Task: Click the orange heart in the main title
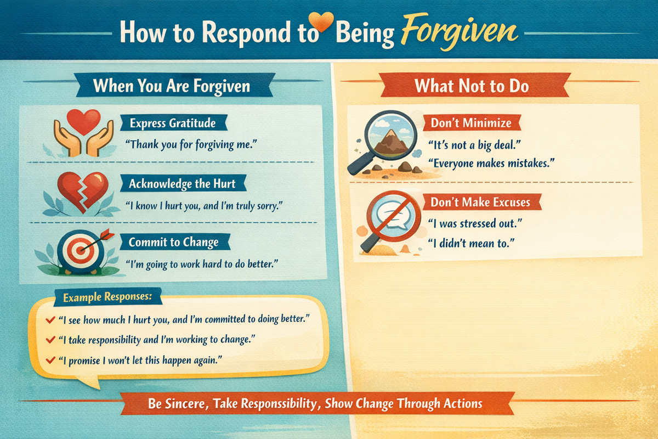321,21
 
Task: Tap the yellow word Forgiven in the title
459,32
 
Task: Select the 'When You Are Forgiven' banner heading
172,86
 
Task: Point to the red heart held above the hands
83,121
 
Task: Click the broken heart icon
83,191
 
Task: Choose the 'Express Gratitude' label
173,123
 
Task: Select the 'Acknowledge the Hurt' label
182,183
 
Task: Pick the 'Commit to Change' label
173,243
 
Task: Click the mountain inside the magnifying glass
390,142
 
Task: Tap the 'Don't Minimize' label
471,123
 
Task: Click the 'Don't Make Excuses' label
480,202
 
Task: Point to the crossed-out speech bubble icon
394,216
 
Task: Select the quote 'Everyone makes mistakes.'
491,163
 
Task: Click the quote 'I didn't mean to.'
471,243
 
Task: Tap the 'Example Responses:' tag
107,297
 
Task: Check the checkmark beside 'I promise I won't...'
50,360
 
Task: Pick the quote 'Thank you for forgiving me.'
191,145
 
